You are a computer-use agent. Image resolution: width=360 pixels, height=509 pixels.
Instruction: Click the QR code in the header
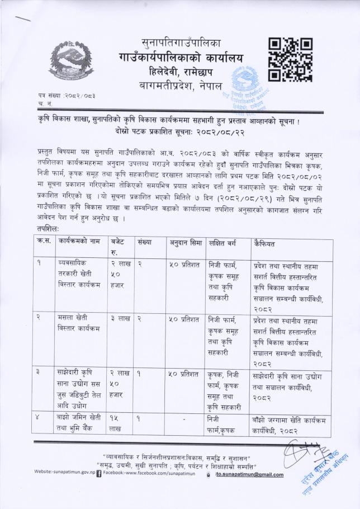click(x=290, y=60)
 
